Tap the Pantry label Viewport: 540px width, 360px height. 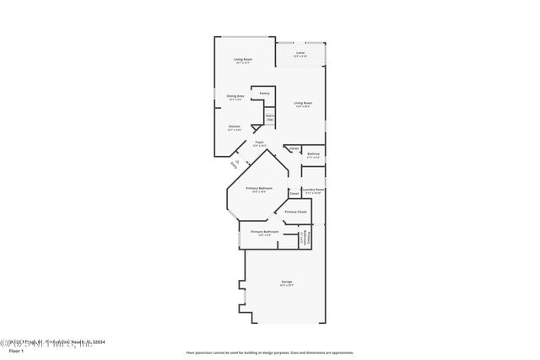click(x=264, y=93)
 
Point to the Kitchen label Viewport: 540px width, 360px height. click(x=234, y=127)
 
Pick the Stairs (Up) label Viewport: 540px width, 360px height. click(x=270, y=119)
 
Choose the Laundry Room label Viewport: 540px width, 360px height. click(x=314, y=191)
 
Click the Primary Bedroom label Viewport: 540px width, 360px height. click(x=258, y=189)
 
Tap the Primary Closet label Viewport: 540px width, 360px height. click(x=295, y=212)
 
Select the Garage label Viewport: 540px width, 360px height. click(x=287, y=282)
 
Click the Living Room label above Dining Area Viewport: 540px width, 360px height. click(x=243, y=60)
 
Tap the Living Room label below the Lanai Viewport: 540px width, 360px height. click(x=303, y=104)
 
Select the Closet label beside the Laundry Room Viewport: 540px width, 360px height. click(x=294, y=193)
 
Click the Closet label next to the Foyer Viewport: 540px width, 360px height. click(x=294, y=150)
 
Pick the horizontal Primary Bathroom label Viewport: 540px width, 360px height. click(x=264, y=232)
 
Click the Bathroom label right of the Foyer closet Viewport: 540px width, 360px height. click(x=313, y=154)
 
